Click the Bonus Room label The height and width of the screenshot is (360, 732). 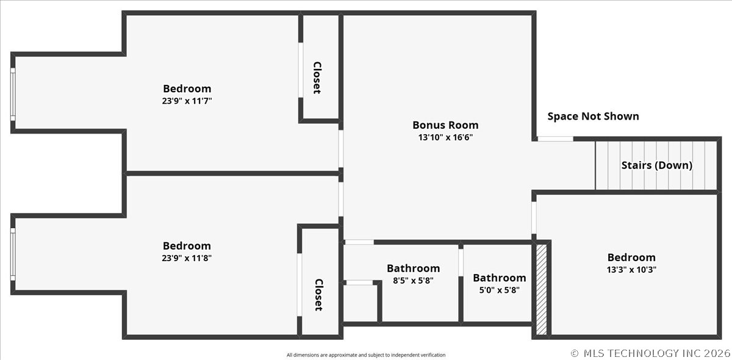point(445,125)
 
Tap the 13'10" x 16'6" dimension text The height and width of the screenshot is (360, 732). point(445,137)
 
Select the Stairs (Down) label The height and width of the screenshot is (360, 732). point(657,165)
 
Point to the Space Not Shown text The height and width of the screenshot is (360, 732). point(593,117)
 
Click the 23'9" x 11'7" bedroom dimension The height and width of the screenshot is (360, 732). point(187,101)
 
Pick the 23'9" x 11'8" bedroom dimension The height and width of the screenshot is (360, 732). point(187,258)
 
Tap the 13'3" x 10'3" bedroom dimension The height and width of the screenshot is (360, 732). point(631,270)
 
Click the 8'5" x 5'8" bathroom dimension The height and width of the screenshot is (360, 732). point(413,281)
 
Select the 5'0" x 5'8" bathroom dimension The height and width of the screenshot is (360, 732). point(500,290)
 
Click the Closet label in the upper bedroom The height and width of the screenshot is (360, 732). point(317,78)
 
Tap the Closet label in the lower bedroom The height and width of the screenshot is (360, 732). point(318,295)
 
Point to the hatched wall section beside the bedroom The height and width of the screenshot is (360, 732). point(542,290)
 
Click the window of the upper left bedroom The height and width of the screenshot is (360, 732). point(13,94)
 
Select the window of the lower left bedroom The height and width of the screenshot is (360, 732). point(13,254)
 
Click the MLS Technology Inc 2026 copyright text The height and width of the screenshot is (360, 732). point(650,353)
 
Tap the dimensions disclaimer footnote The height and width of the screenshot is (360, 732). point(366,355)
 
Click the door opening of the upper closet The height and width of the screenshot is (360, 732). point(301,70)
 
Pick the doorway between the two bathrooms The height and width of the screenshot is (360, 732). point(461,262)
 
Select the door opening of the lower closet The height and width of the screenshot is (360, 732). point(300,285)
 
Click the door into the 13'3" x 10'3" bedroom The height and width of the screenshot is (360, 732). point(534,218)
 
